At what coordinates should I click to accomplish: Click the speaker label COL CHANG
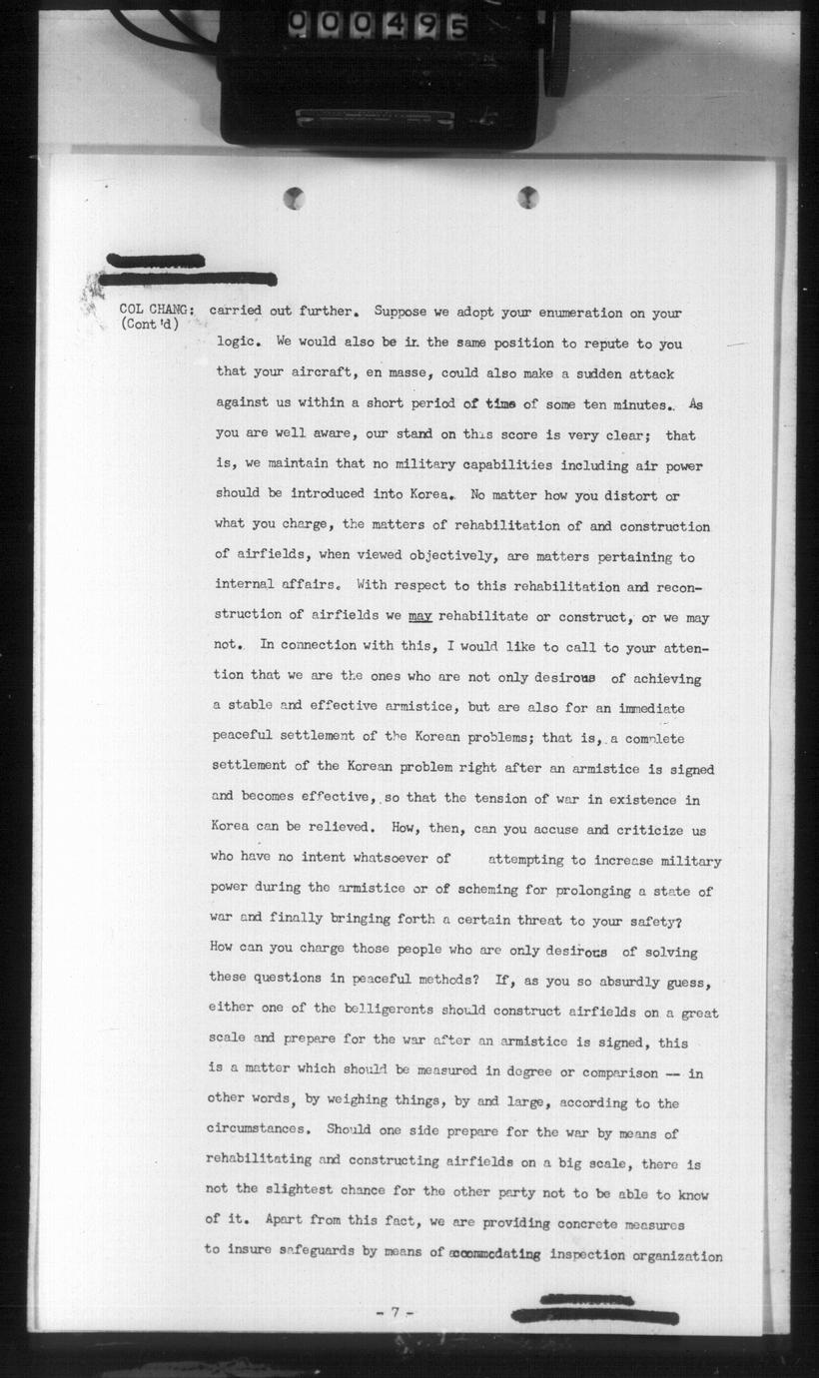[157, 310]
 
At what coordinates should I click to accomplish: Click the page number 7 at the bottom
[395, 1312]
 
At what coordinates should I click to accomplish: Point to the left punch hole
[294, 198]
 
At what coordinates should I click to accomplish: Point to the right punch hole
[527, 197]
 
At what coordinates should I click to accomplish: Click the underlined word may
[420, 617]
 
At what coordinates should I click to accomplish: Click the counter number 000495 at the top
[379, 25]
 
